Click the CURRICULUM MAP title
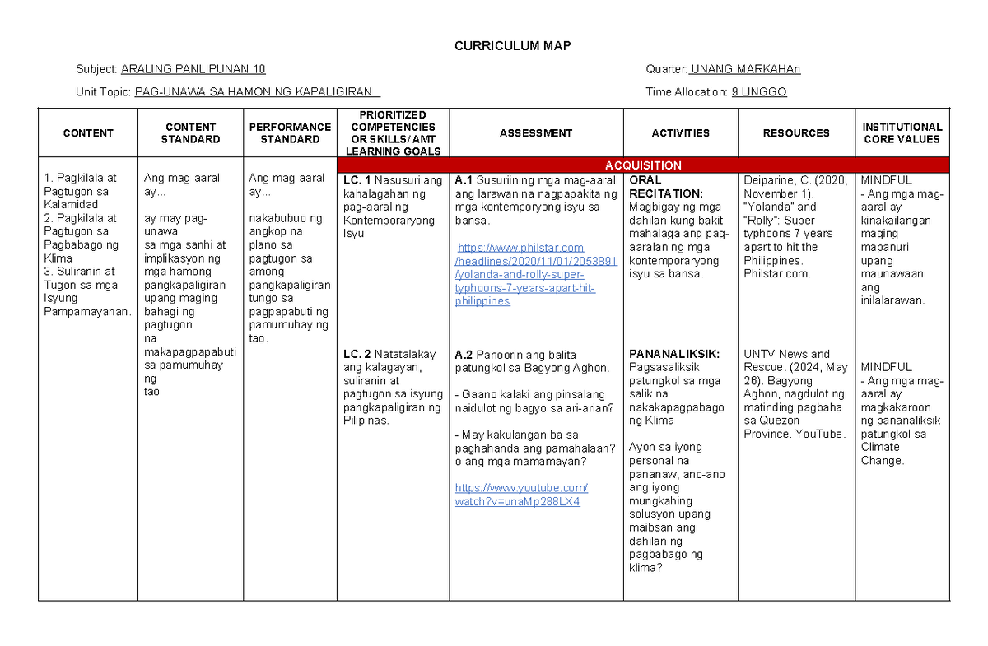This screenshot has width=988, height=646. coord(512,46)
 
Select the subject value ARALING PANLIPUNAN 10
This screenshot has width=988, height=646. coord(193,69)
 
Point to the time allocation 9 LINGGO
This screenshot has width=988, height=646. coord(759,92)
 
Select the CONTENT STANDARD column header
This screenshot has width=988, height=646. coord(190,133)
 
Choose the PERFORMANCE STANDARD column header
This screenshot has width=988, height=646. coord(290,133)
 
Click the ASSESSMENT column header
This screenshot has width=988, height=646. coord(535,133)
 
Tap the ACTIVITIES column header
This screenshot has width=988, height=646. coord(680,133)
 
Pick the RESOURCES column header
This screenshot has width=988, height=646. coord(796,133)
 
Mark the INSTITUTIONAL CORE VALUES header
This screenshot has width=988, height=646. coord(902,133)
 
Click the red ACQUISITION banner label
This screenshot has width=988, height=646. coord(643,165)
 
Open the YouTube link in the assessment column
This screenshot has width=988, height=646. coord(520,495)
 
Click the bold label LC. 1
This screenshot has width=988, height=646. coord(357,180)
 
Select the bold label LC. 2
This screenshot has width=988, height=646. coord(357,354)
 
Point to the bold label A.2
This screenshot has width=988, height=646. coord(464,355)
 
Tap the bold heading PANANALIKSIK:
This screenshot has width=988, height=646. coord(674,354)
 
